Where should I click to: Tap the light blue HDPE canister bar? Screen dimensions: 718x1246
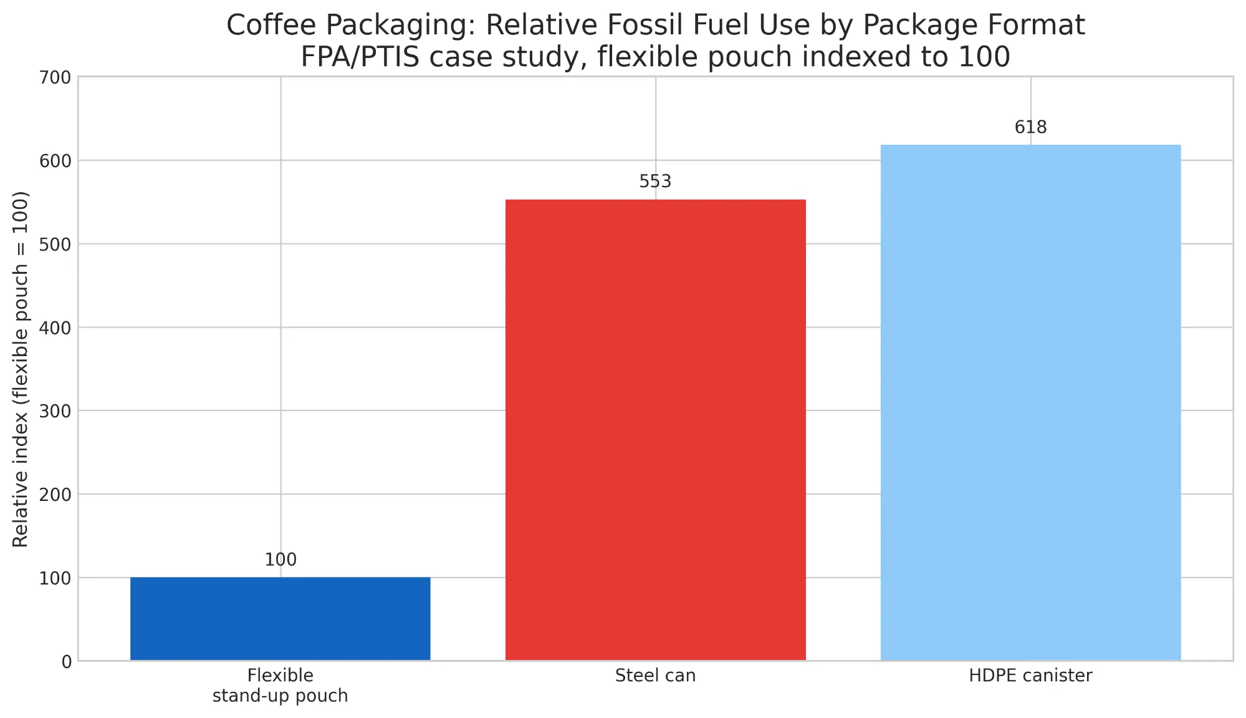point(1030,402)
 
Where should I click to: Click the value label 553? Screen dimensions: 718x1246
point(655,182)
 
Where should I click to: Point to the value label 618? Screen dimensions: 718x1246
point(1030,127)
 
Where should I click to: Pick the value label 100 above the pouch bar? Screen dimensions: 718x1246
point(280,560)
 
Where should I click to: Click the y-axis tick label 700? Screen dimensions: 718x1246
point(57,78)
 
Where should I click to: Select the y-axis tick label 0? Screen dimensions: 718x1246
point(67,662)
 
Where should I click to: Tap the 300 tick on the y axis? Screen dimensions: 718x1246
point(57,412)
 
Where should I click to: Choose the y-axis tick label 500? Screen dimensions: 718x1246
point(57,245)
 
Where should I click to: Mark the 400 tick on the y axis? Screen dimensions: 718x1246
point(57,328)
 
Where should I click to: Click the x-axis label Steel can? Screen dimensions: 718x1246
point(655,676)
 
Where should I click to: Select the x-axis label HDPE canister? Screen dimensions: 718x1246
point(1030,676)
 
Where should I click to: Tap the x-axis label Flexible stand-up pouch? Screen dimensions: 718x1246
point(280,686)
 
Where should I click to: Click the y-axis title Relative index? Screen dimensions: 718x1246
point(21,369)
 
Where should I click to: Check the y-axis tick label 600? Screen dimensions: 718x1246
point(57,161)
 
